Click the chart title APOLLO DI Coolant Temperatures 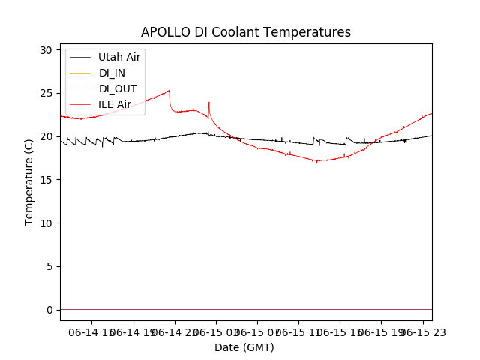point(246,32)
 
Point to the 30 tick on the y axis point(46,50)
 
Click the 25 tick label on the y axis point(46,94)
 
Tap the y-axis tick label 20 point(46,136)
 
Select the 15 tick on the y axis point(46,180)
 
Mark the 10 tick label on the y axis point(46,223)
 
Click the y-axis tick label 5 point(49,266)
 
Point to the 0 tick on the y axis point(49,310)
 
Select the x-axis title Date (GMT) point(244,347)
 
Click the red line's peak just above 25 point(169,91)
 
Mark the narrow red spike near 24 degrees point(208,103)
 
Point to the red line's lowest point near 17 point(317,161)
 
